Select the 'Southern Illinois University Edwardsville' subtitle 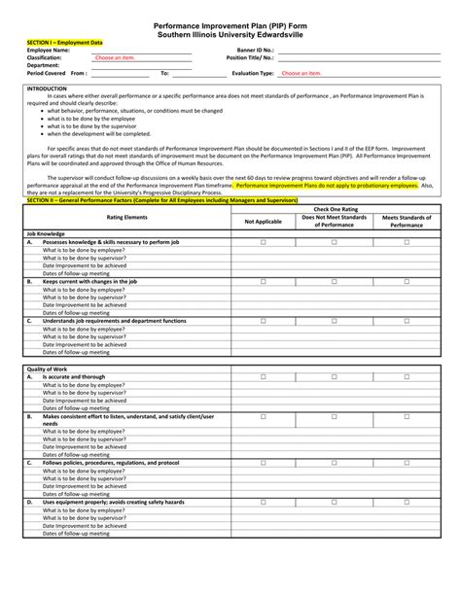(x=230, y=34)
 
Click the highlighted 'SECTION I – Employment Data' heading (x=64, y=43)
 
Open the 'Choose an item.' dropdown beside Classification (x=115, y=57)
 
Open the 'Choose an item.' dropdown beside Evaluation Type (x=301, y=73)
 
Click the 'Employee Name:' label (x=49, y=50)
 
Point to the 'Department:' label (x=45, y=65)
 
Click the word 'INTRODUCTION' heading (x=47, y=88)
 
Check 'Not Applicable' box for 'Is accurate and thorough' (x=263, y=377)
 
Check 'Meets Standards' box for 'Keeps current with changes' (x=407, y=281)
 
